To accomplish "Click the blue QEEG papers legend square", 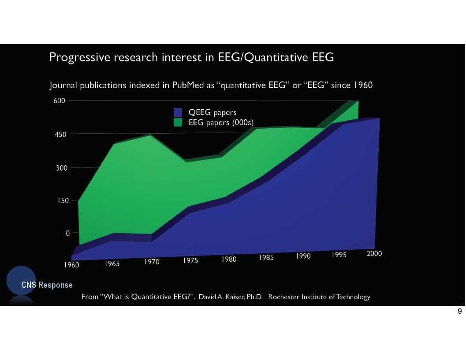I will coord(178,112).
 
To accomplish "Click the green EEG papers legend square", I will coord(178,122).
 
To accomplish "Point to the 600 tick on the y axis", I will coord(60,100).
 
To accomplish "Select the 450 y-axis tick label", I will coord(60,134).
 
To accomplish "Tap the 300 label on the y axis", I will coord(60,168).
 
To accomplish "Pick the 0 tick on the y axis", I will coord(67,233).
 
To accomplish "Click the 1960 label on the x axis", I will coord(71,265).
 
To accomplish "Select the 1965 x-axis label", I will coord(112,264).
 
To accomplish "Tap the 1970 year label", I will coord(151,262).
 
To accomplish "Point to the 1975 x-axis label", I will coord(190,261).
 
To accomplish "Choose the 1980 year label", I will coord(229,260).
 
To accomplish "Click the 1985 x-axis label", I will coord(267,258).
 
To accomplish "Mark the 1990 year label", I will coord(303,256).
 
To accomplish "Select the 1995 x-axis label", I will coord(340,255).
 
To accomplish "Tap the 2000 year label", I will coord(374,253).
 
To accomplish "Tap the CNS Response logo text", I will coord(47,285).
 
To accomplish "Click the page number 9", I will coord(460,312).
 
